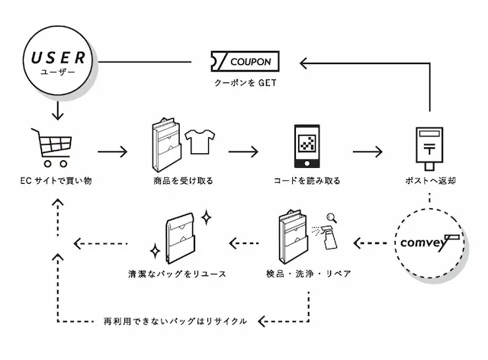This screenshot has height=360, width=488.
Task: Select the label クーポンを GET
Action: (x=244, y=83)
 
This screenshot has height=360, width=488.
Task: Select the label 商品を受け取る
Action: (x=183, y=182)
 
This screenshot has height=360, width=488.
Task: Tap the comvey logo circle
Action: (x=431, y=243)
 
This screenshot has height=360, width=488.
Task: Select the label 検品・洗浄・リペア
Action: (x=308, y=273)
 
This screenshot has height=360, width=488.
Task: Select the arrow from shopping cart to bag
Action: (x=113, y=150)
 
